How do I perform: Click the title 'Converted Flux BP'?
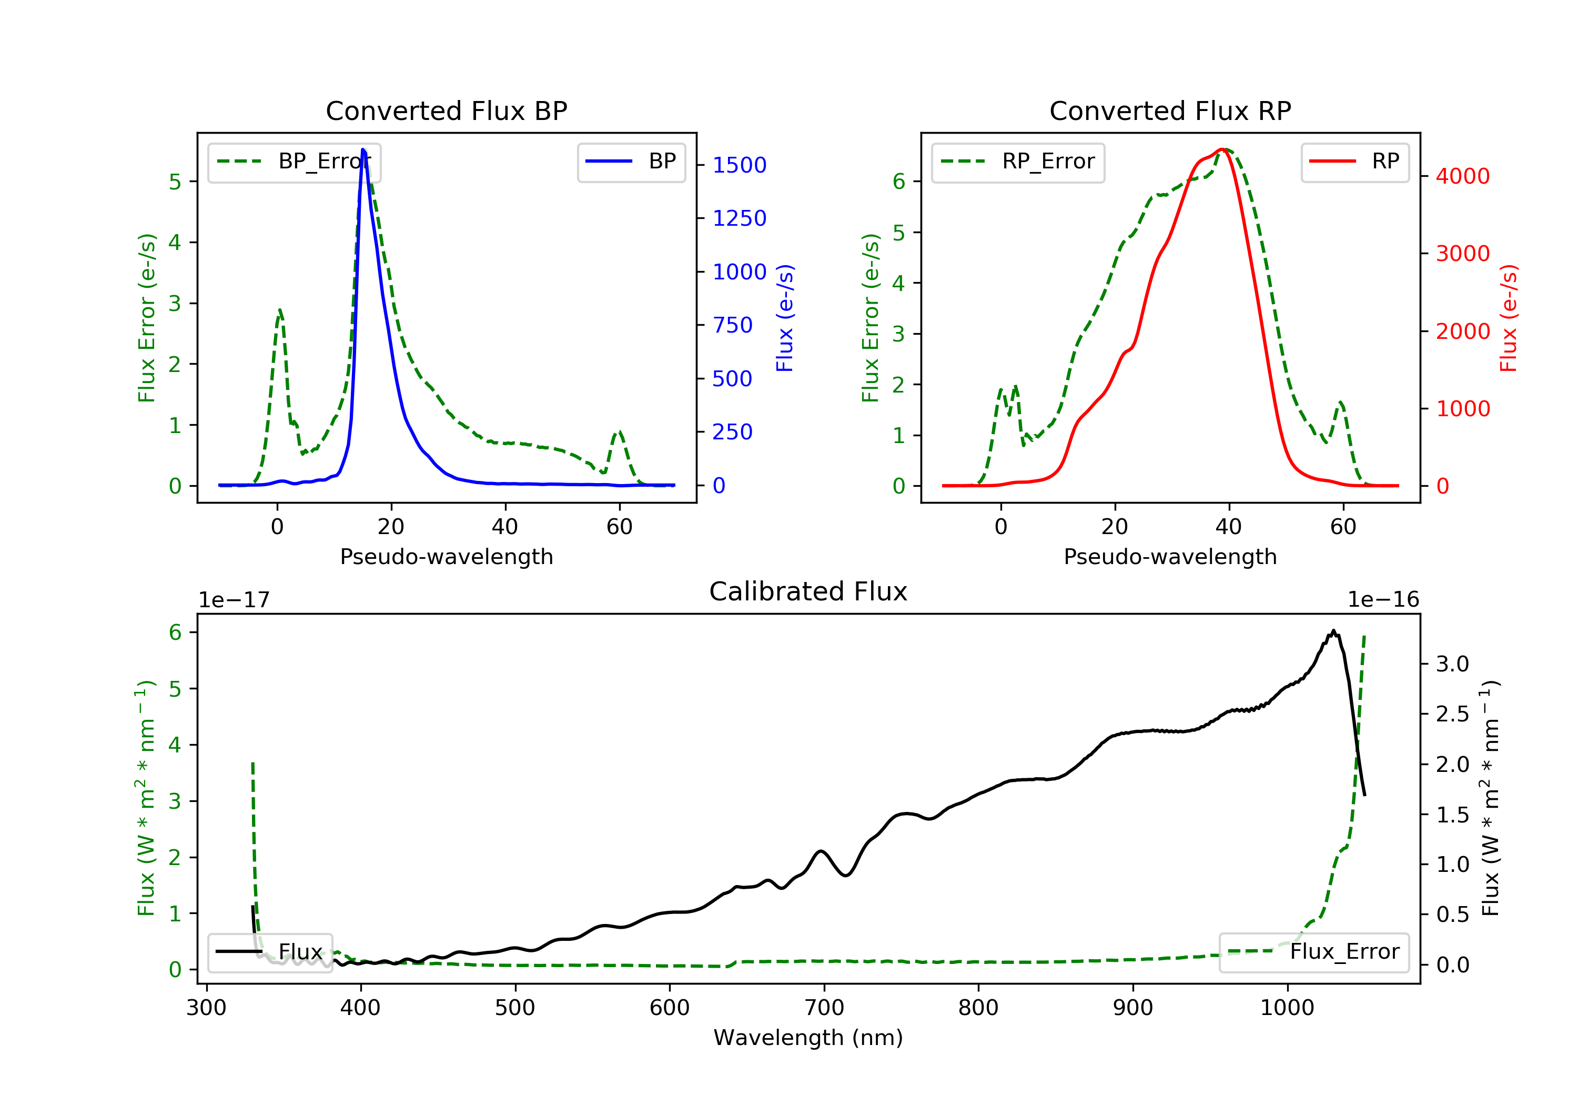(x=446, y=110)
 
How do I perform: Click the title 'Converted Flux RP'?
(x=1170, y=110)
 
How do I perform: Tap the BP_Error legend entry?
(x=294, y=162)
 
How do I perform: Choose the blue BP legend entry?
(x=631, y=162)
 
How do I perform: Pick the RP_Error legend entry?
(x=1017, y=162)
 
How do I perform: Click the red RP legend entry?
(x=1354, y=162)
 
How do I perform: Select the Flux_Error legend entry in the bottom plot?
(x=1313, y=952)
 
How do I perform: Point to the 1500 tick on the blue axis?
(x=739, y=165)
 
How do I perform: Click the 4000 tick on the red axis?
(x=1462, y=176)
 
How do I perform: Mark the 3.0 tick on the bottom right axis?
(x=1452, y=664)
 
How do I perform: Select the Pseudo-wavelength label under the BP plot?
(x=446, y=556)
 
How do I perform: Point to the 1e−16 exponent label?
(x=1383, y=600)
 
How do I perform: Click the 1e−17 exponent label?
(x=234, y=600)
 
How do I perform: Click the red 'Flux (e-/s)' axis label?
(x=1509, y=318)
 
